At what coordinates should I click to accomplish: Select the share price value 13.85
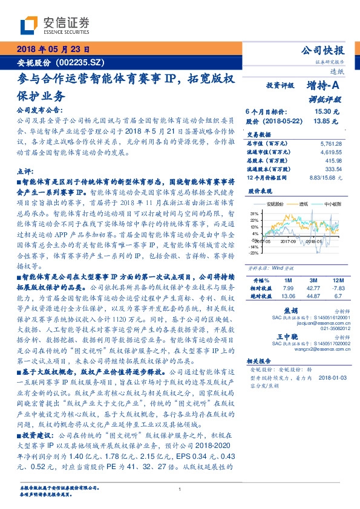click(x=322, y=122)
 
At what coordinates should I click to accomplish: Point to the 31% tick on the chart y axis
click(x=254, y=213)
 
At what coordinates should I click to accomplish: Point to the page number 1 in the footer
click(x=180, y=490)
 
